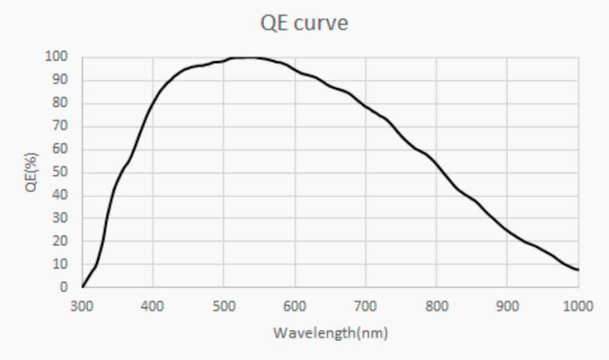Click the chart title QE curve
pyautogui.click(x=304, y=23)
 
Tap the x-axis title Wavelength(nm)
pyautogui.click(x=330, y=332)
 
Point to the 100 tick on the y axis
pyautogui.click(x=57, y=57)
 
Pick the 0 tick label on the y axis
pyautogui.click(x=63, y=287)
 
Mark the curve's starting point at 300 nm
pyautogui.click(x=82, y=286)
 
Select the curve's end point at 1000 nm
pyautogui.click(x=578, y=270)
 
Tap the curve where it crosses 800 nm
pyautogui.click(x=437, y=164)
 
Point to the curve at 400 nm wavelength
pyautogui.click(x=153, y=97)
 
